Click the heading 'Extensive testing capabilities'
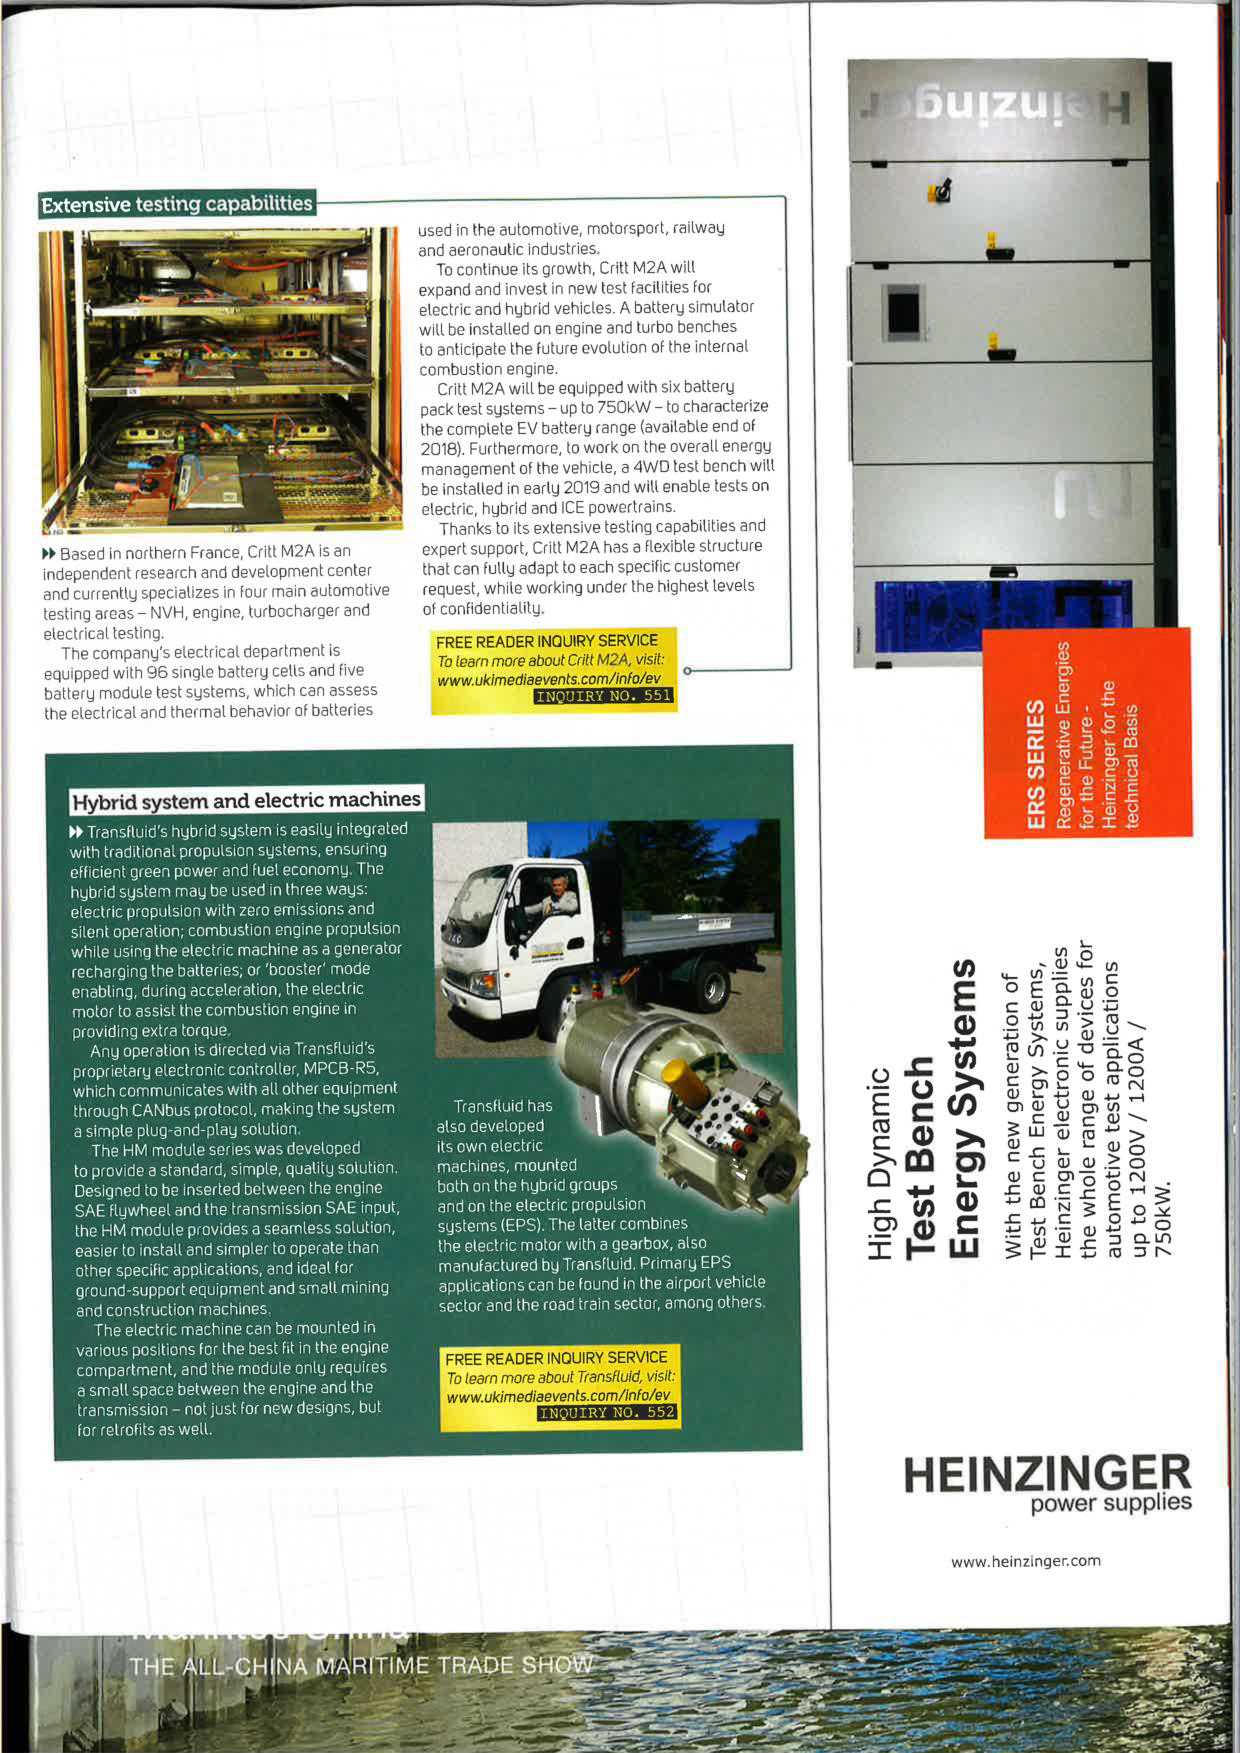(177, 204)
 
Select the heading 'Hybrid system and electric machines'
(246, 800)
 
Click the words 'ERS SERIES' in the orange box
(1035, 763)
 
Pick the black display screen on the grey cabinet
(904, 313)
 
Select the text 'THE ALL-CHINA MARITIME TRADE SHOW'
(360, 1664)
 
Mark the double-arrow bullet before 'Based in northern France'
(49, 553)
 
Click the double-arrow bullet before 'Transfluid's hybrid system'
(75, 831)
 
